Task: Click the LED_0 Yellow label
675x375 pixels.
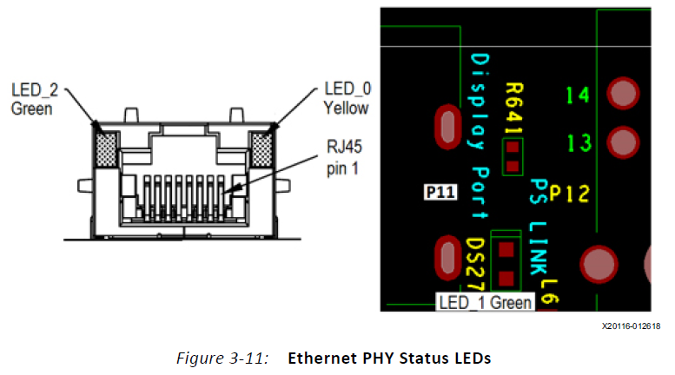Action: pyautogui.click(x=346, y=99)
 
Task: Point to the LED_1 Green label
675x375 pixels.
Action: pyautogui.click(x=485, y=303)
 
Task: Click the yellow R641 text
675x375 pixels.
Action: pyautogui.click(x=513, y=109)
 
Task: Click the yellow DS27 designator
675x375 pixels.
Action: pyautogui.click(x=474, y=266)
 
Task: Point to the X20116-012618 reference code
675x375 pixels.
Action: pyautogui.click(x=631, y=326)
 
